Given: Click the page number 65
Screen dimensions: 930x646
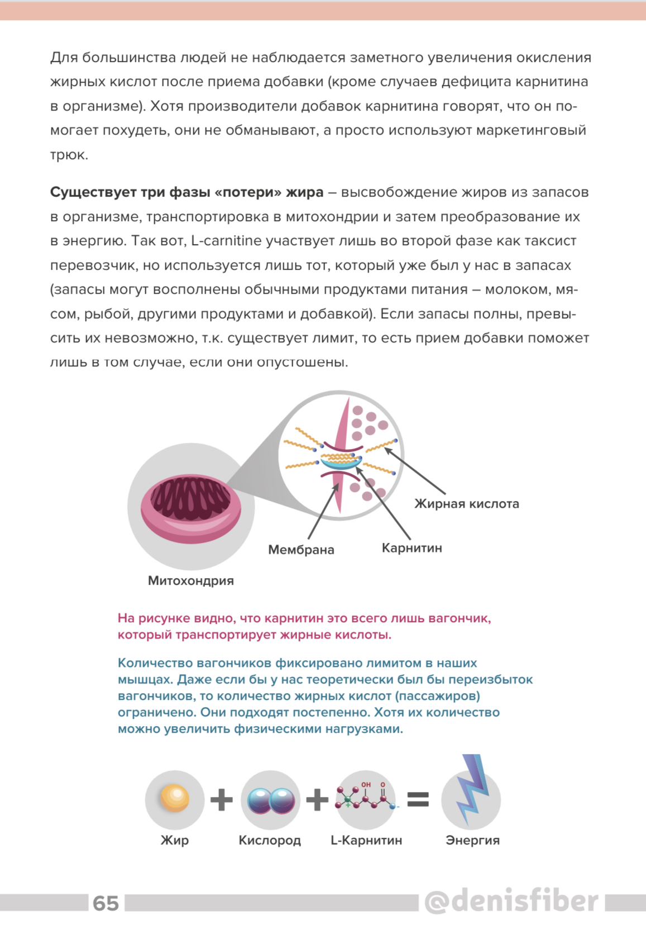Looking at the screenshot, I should click(x=106, y=903).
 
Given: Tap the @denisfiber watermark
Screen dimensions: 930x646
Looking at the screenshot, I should click(x=510, y=901).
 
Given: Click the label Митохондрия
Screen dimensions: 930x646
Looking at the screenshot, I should click(x=190, y=580).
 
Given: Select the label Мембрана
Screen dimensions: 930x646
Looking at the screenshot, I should click(x=301, y=550).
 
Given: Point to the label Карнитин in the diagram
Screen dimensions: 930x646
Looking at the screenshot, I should click(x=411, y=548).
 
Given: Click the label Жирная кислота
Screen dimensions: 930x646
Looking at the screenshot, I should click(x=466, y=504).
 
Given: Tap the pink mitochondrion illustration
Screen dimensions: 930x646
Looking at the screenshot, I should click(x=190, y=508).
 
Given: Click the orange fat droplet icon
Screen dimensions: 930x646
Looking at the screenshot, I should click(x=174, y=798).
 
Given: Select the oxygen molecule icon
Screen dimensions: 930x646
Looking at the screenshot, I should click(x=271, y=800).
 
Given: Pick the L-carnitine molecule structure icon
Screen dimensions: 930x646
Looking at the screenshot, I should click(x=366, y=799).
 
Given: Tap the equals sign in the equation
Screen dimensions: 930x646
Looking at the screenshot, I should click(x=418, y=799).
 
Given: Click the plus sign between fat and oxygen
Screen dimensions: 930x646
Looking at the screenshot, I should click(x=222, y=799).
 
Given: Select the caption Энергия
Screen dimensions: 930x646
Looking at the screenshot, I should click(x=472, y=840).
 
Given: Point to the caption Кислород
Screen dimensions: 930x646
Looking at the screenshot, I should click(x=270, y=840).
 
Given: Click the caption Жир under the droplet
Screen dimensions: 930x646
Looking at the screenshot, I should click(x=174, y=840).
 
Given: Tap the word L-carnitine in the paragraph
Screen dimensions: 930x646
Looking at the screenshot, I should click(x=226, y=241).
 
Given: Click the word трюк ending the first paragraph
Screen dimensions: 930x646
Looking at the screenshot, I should click(x=69, y=155).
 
